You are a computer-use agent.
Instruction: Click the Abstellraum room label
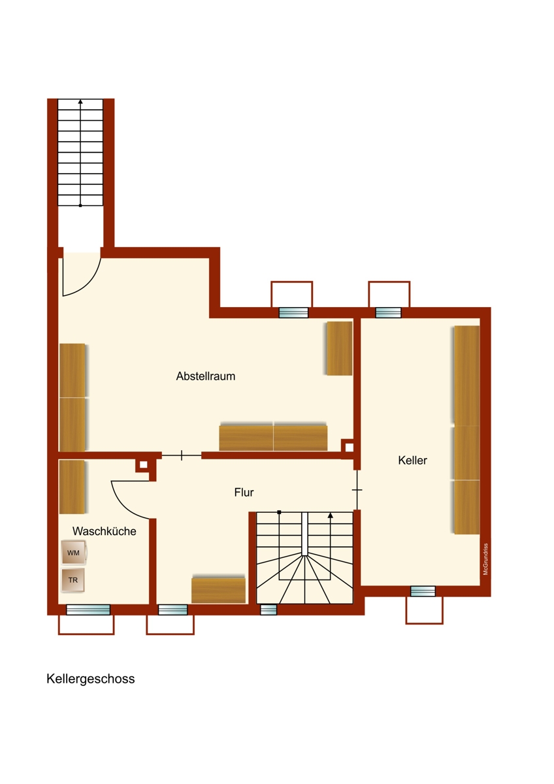click(205, 376)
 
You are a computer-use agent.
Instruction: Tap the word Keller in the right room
click(412, 460)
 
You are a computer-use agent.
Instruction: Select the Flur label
click(244, 493)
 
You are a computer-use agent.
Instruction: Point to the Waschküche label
click(105, 531)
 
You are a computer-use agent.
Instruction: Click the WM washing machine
click(73, 553)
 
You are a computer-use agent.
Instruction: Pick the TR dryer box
click(73, 580)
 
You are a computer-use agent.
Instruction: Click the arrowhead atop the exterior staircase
click(80, 102)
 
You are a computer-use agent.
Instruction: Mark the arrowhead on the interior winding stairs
click(331, 515)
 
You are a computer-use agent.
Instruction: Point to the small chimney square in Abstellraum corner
click(349, 448)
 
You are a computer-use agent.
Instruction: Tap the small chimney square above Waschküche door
click(144, 465)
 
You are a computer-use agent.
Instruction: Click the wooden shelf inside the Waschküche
click(72, 487)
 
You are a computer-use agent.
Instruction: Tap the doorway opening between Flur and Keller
click(357, 490)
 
